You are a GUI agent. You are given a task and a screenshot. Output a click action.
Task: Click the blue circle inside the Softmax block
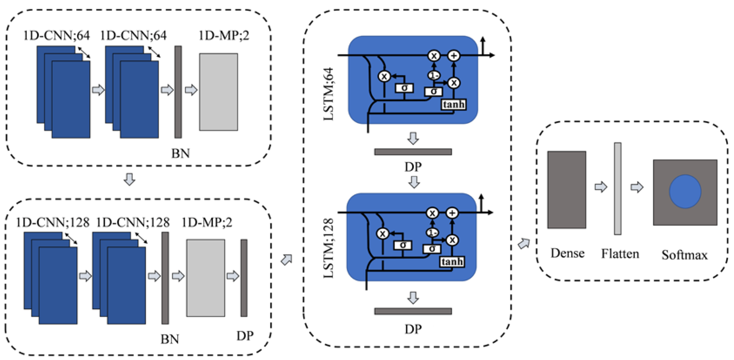[685, 191]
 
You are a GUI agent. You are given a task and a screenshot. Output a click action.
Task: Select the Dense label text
[567, 253]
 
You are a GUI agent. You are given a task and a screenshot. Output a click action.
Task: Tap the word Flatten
[620, 253]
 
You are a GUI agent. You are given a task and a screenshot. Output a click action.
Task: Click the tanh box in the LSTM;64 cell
[454, 105]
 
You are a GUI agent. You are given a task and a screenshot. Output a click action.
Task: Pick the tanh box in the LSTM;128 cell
[452, 261]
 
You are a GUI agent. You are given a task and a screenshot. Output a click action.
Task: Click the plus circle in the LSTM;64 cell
[454, 55]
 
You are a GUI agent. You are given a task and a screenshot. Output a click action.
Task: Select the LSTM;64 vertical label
[328, 94]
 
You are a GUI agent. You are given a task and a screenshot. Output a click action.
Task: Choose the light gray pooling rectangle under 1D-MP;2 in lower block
[205, 278]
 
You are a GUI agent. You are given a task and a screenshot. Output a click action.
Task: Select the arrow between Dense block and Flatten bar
[601, 187]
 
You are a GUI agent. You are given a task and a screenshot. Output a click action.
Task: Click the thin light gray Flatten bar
[618, 189]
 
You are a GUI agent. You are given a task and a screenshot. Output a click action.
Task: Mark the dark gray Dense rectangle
[566, 190]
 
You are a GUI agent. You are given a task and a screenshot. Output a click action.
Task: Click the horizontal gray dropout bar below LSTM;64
[413, 152]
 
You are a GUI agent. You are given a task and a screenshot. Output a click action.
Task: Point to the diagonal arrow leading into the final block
[524, 243]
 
